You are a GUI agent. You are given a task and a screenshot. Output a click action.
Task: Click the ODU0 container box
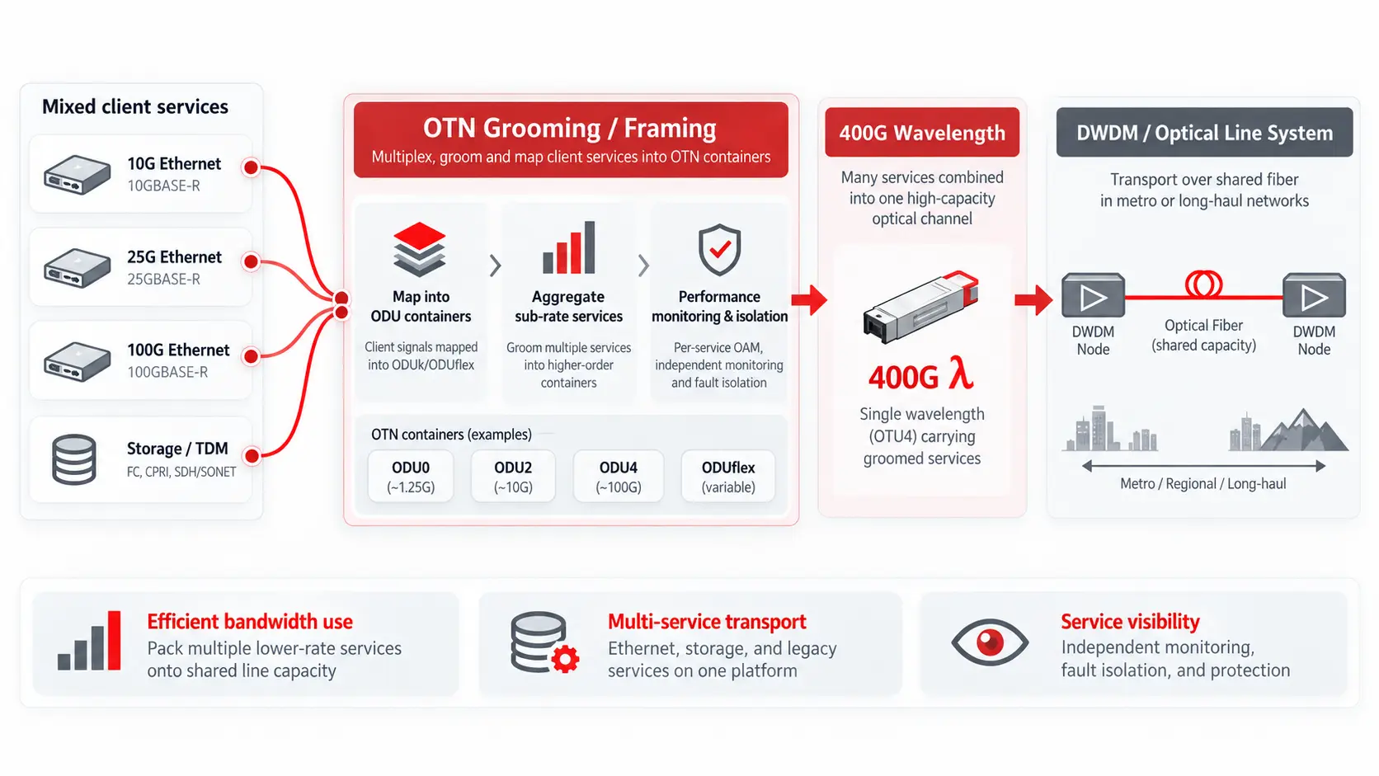click(411, 477)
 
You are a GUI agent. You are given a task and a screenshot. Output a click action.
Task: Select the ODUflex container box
click(727, 477)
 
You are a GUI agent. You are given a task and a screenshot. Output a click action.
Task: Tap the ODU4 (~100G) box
click(618, 477)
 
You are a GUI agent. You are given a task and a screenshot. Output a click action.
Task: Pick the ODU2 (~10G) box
click(513, 477)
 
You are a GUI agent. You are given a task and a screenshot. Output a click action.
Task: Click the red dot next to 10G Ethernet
click(251, 167)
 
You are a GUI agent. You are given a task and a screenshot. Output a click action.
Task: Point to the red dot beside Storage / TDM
click(252, 456)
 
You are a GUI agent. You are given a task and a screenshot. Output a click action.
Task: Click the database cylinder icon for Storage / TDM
click(74, 459)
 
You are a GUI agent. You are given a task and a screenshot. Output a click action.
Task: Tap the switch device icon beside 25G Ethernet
click(77, 268)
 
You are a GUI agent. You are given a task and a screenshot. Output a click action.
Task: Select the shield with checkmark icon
click(719, 249)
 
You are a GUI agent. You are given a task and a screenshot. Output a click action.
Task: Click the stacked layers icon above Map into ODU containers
click(419, 248)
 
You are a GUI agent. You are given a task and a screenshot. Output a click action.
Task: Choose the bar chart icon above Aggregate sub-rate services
click(569, 247)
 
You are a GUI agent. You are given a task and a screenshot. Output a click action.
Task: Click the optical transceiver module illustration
click(920, 307)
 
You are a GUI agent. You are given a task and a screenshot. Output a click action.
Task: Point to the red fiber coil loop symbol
click(1203, 285)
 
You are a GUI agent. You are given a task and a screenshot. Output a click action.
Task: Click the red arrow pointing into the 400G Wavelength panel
click(809, 299)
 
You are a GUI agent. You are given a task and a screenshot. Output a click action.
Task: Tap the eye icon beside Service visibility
click(990, 642)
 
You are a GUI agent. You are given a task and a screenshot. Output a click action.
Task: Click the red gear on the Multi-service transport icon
click(565, 659)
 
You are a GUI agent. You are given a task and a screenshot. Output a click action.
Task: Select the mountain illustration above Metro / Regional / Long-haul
click(1304, 430)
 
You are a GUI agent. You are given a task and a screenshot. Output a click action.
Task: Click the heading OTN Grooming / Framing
click(569, 128)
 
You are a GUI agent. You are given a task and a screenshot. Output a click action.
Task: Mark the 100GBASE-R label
click(167, 372)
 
